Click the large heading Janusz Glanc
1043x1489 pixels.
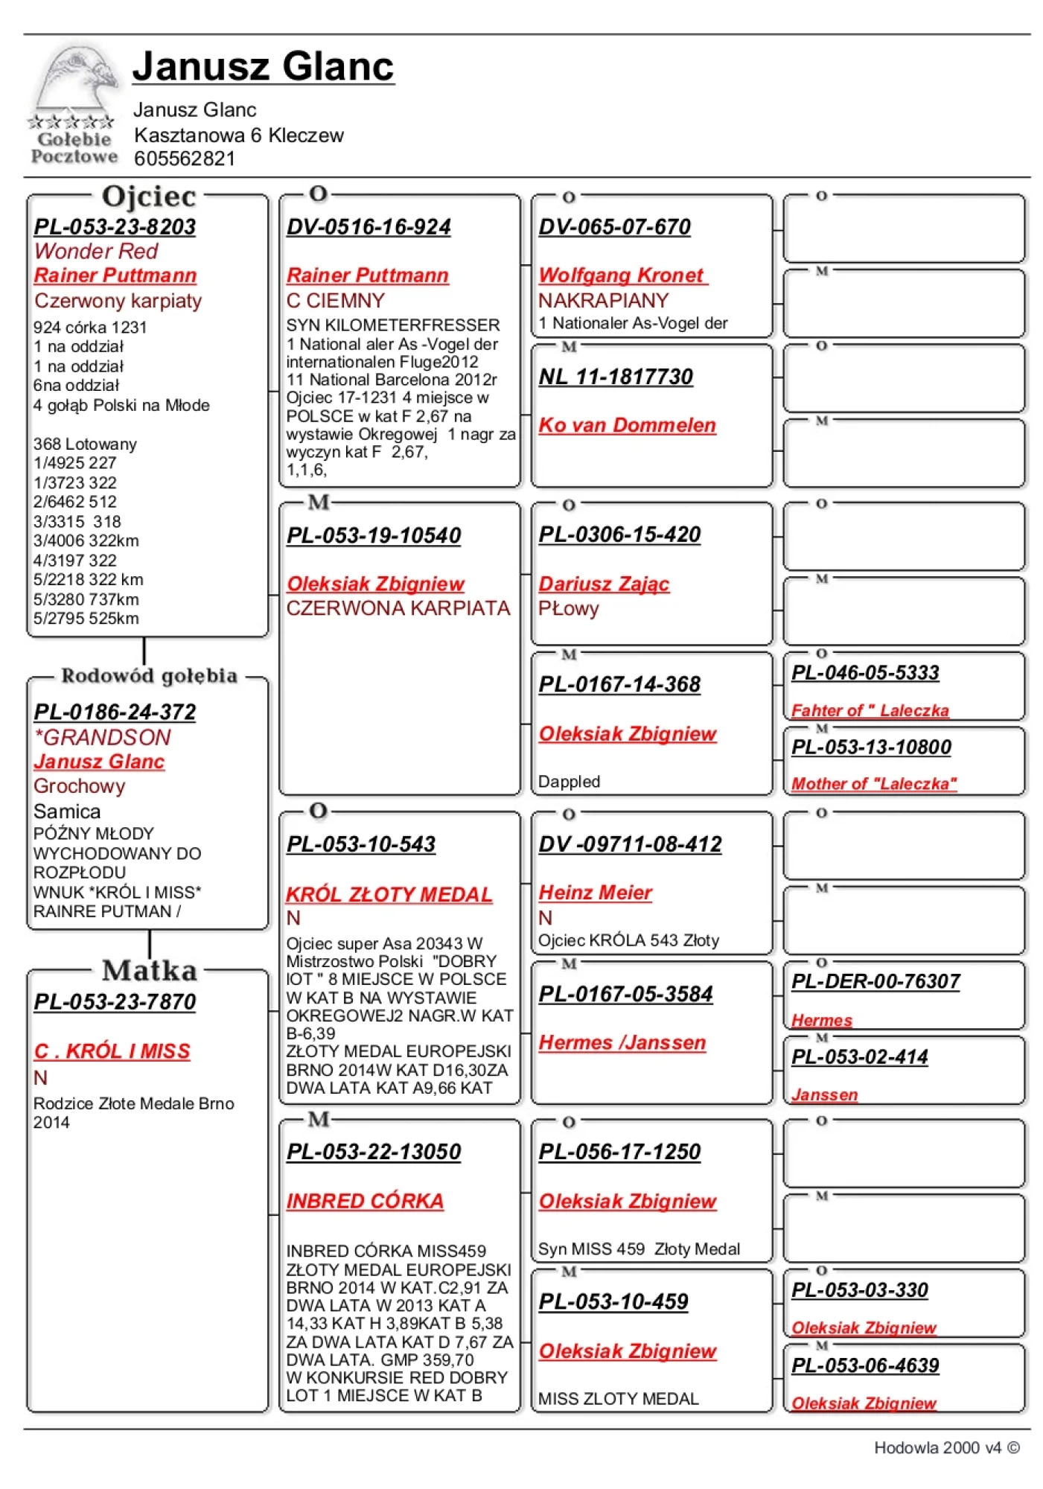coord(263,66)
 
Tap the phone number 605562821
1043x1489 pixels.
coord(184,159)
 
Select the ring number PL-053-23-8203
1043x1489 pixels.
coord(115,226)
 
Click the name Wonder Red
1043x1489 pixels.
coord(96,251)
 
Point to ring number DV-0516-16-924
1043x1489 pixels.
coord(369,226)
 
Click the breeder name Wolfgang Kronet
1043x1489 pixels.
coord(622,275)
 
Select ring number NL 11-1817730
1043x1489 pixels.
coord(616,377)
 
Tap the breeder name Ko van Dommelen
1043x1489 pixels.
coord(627,425)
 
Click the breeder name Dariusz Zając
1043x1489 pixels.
coord(604,584)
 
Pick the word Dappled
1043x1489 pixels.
coord(569,781)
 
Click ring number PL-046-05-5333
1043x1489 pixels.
coord(865,672)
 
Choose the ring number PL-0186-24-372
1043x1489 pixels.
coord(115,712)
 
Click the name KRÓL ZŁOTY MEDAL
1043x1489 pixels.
coord(389,894)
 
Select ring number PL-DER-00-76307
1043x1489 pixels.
coord(875,981)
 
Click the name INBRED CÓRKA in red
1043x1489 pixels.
coord(365,1201)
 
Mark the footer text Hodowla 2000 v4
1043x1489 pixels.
coord(937,1447)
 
